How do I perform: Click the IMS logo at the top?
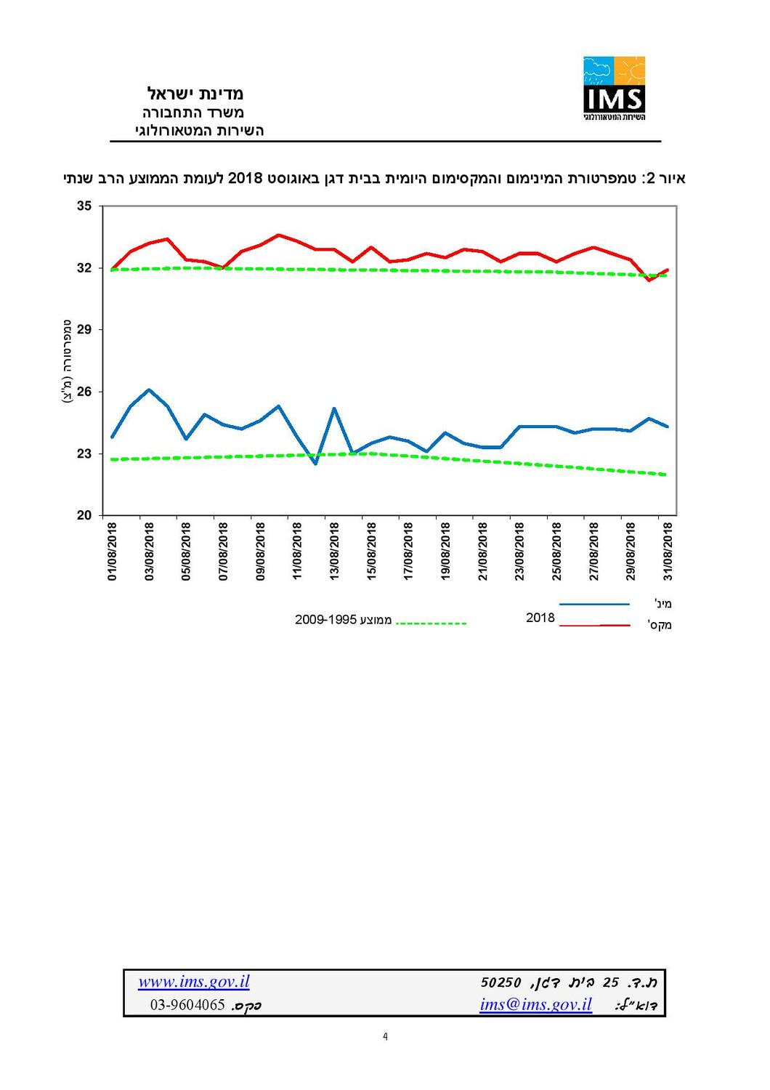[x=614, y=88]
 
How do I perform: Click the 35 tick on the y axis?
[x=84, y=206]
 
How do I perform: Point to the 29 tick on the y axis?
[x=84, y=330]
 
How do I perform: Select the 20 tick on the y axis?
[x=84, y=516]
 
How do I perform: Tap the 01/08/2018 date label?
[x=113, y=551]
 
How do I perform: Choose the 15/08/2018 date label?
[x=371, y=551]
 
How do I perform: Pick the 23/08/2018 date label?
[x=519, y=551]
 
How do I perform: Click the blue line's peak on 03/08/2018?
[x=149, y=390]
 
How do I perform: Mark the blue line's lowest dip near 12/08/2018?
[x=315, y=464]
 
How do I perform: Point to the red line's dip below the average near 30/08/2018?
[x=649, y=280]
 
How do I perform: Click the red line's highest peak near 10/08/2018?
[x=278, y=235]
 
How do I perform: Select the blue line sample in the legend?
[x=594, y=604]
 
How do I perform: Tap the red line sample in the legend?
[x=594, y=625]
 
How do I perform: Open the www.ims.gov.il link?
[x=194, y=982]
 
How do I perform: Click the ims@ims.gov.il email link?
[x=535, y=1005]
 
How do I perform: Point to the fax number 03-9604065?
[x=187, y=1006]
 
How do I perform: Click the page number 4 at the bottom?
[x=385, y=1037]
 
